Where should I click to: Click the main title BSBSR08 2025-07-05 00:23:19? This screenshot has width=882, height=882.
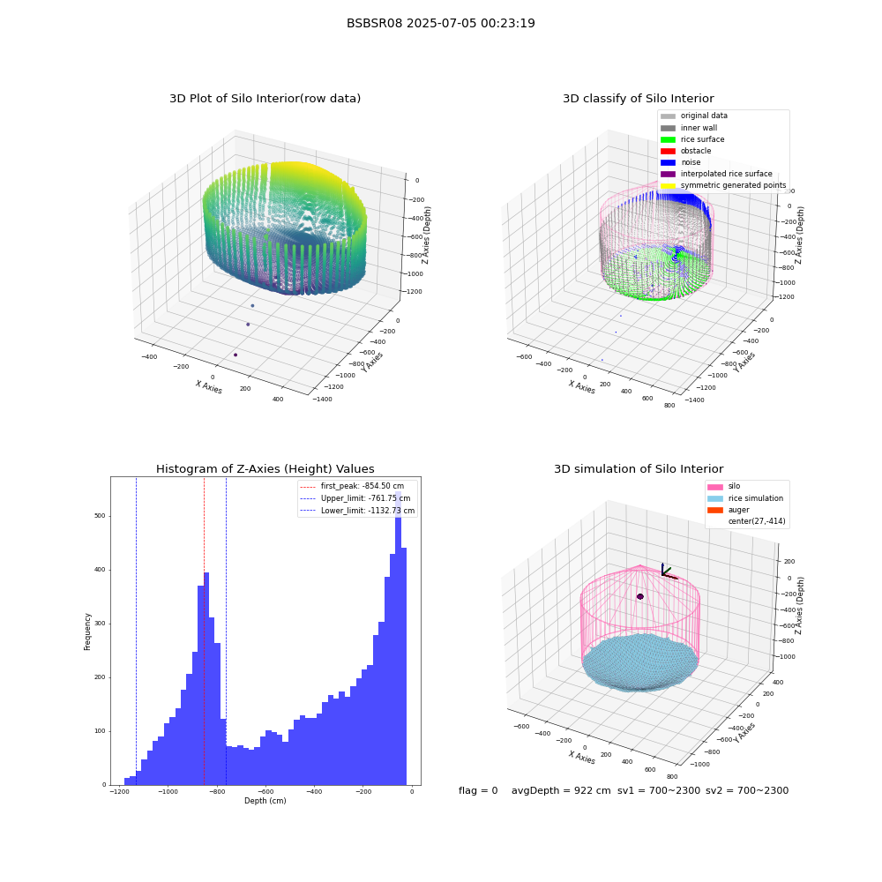[x=440, y=23]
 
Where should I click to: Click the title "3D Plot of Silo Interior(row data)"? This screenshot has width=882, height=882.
[x=265, y=99]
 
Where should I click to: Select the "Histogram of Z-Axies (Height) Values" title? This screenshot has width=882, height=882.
[x=265, y=468]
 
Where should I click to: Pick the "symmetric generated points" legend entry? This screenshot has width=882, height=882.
[x=723, y=185]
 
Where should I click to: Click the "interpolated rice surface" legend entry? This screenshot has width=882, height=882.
[x=716, y=174]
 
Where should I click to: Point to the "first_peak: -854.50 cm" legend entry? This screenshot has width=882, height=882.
[x=352, y=486]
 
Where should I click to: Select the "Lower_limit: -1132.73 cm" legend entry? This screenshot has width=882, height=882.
[x=358, y=511]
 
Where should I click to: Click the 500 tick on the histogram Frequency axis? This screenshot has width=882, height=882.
[x=101, y=516]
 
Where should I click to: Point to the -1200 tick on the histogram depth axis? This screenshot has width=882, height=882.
[x=119, y=792]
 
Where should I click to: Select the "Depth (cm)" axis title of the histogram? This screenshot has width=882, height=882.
[x=265, y=801]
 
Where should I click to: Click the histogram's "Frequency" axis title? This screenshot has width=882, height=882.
[x=87, y=632]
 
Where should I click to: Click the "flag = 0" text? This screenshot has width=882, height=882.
[x=478, y=790]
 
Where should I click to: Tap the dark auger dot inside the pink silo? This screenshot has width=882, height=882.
[x=640, y=596]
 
